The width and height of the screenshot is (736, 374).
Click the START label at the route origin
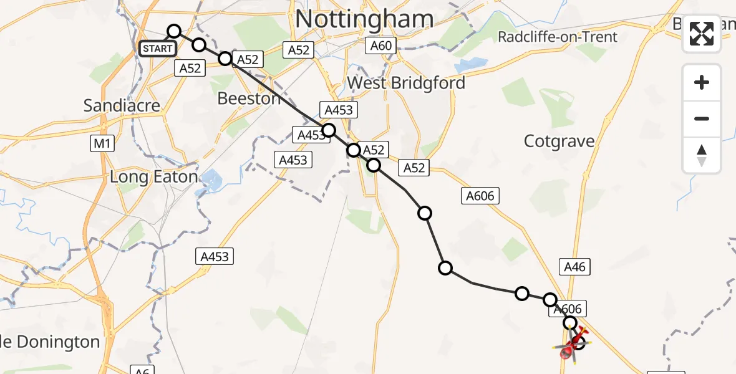157,49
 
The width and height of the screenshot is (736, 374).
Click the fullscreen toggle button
702,34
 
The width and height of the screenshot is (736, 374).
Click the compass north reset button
702,155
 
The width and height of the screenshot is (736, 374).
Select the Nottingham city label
364,19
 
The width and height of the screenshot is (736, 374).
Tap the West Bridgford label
406,83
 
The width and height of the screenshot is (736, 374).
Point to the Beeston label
249,98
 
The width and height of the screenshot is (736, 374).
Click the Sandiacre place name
122,105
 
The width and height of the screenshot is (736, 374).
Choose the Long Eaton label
153,177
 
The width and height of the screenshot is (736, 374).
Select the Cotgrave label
559,141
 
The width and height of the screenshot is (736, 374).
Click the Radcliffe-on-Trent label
557,37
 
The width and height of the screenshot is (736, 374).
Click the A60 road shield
381,46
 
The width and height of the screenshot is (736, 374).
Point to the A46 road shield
574,267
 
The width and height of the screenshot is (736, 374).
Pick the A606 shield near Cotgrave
480,196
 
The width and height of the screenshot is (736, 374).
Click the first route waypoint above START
174,31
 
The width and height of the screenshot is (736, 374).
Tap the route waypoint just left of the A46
551,300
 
